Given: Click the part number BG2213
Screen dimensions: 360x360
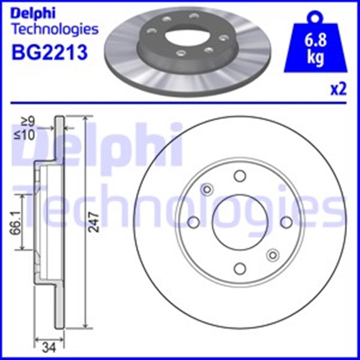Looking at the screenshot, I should click(48, 53).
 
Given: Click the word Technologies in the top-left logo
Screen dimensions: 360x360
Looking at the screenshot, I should click(55, 29).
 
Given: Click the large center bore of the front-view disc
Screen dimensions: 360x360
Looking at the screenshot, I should click(240, 222).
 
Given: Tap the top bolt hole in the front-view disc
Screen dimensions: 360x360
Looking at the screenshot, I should click(240, 176).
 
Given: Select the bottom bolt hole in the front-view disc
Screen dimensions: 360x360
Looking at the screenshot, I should click(240, 268).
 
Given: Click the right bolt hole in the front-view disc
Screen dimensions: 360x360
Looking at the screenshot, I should click(286, 222).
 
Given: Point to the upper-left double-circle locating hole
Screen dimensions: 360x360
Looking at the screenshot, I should click(206, 189).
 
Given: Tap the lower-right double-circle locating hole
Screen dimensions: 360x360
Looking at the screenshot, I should click(273, 255).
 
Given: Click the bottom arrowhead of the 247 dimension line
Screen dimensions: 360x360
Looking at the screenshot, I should click(86, 326).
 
